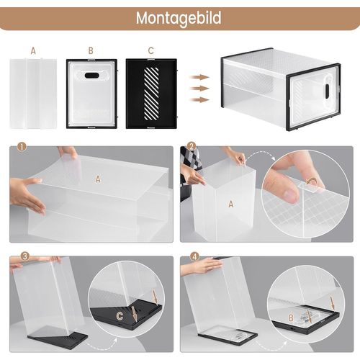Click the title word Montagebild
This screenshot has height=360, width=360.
click(179, 18)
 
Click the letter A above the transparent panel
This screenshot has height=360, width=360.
click(33, 51)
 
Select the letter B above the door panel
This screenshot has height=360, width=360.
click(91, 50)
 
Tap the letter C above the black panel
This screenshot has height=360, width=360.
click(150, 50)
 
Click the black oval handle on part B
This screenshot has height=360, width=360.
click(91, 76)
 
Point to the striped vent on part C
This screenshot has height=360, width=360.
click(151, 94)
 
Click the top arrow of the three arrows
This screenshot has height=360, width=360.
click(199, 77)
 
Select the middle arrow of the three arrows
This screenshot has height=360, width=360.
click(199, 89)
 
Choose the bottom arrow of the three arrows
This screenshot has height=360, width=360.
click(199, 99)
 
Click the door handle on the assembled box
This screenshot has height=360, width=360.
click(328, 91)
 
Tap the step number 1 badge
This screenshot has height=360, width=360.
click(22, 146)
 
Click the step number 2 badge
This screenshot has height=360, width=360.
click(192, 146)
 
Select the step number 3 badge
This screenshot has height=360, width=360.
click(25, 256)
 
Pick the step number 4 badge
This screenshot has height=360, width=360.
click(194, 256)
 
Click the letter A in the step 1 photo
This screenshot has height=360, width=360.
click(98, 179)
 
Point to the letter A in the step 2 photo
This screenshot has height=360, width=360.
click(231, 204)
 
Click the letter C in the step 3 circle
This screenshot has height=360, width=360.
click(120, 316)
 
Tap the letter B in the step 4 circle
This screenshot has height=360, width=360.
click(291, 318)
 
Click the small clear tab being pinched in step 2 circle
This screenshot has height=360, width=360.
click(309, 186)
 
